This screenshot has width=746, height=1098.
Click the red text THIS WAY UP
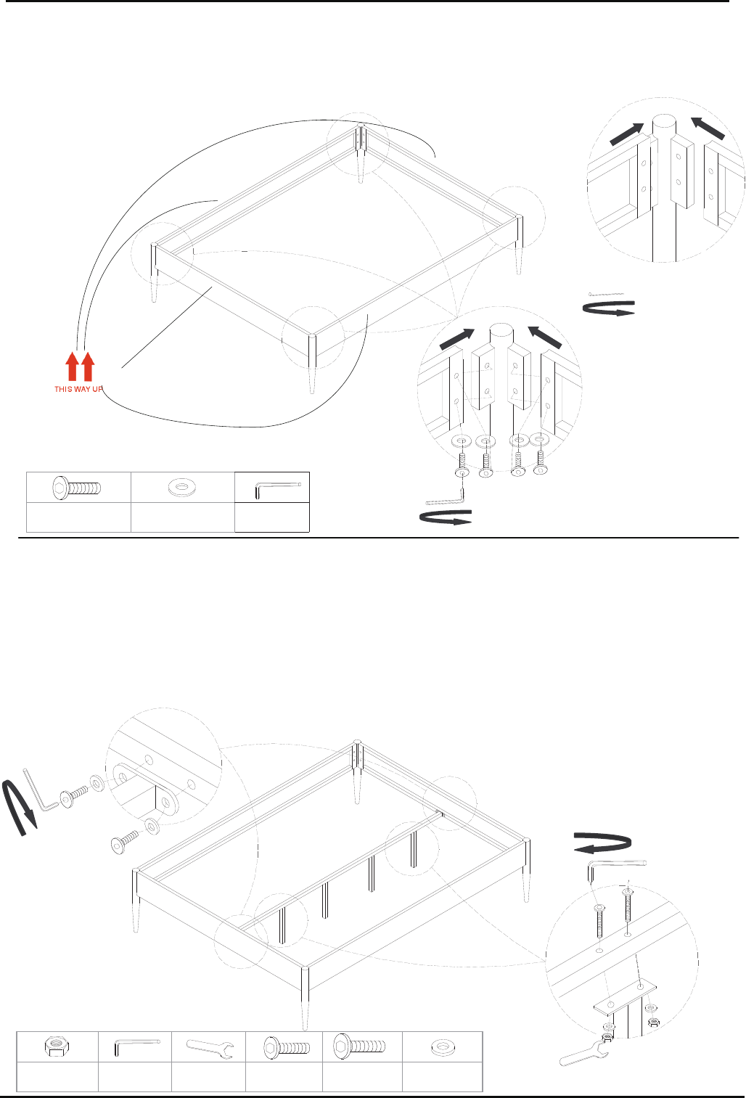78,389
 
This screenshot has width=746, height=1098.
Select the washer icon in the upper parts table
182,487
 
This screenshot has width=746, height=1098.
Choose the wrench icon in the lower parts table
209,1046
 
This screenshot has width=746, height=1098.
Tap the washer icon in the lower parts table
443,1046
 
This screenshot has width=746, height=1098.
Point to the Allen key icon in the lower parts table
136,1046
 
